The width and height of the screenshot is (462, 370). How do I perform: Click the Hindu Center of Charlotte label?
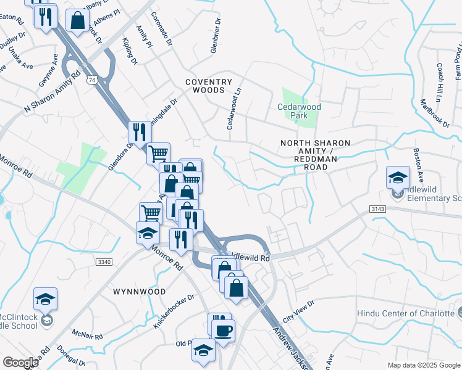coord(405,313)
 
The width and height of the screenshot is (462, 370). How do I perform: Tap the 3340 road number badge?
coord(104,263)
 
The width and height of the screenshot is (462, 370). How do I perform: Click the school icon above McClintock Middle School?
coord(45,299)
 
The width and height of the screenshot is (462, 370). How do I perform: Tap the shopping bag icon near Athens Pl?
coord(78,20)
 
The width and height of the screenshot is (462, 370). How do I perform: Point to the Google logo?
coord(20,363)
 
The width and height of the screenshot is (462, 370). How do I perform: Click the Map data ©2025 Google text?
coord(423,365)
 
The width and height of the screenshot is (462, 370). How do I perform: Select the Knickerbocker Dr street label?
coord(174,310)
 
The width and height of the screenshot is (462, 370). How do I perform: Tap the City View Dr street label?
coord(298,311)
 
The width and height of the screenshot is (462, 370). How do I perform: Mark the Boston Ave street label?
coord(419,167)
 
